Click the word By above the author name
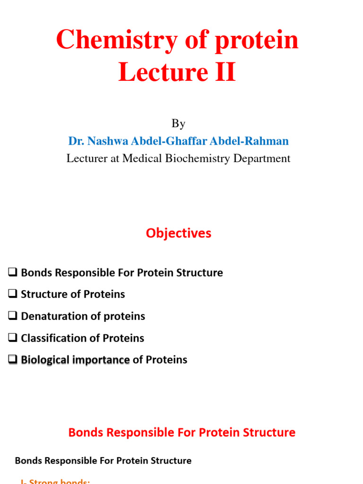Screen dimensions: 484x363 pyautogui.click(x=178, y=124)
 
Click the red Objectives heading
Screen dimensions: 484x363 pyautogui.click(x=178, y=233)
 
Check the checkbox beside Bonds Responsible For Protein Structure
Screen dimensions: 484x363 pyautogui.click(x=13, y=272)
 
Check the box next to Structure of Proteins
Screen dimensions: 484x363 pyautogui.click(x=13, y=294)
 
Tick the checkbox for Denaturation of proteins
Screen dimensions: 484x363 pyautogui.click(x=13, y=316)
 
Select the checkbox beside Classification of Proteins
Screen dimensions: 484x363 pyautogui.click(x=13, y=338)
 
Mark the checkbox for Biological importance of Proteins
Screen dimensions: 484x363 pyautogui.click(x=13, y=360)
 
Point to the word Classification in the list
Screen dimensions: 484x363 pyautogui.click(x=53, y=338)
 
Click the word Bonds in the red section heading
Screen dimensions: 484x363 pyautogui.click(x=84, y=432)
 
